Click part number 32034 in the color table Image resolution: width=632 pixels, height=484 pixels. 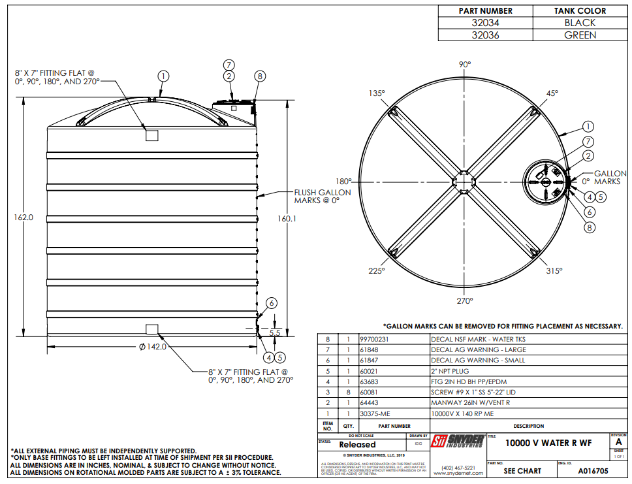485,23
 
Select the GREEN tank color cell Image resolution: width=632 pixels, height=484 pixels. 580,35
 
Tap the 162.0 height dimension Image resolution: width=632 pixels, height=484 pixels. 24,217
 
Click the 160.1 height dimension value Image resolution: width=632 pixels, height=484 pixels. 286,218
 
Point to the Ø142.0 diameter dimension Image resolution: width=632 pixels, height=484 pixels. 153,347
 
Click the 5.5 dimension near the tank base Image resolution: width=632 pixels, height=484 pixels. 274,332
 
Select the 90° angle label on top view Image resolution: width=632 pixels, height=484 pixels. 464,65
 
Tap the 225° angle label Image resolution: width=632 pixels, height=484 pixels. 376,270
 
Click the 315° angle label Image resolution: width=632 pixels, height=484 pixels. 554,270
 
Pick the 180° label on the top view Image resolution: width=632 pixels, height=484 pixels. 343,182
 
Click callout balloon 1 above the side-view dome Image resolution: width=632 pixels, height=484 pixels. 163,76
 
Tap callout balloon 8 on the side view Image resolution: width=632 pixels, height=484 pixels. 259,76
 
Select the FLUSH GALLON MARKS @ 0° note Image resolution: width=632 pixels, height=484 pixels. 322,196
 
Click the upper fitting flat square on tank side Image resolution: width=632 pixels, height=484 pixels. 152,135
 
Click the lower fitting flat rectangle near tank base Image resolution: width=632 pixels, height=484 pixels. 152,327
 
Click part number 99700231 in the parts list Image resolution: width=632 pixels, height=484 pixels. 374,340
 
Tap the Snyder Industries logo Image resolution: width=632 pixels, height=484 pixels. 458,442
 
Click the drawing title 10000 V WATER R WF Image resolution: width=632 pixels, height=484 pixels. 548,443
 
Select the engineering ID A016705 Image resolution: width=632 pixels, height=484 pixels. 593,470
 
